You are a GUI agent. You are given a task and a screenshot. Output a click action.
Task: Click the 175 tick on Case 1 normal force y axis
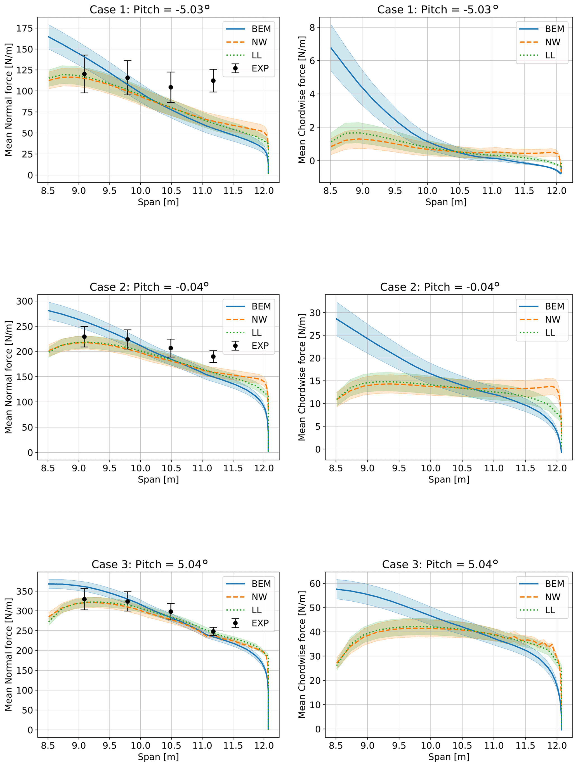[24, 28]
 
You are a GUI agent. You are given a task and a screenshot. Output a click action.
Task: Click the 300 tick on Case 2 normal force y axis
[24, 301]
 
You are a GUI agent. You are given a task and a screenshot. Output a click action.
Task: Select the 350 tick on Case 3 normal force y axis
[24, 591]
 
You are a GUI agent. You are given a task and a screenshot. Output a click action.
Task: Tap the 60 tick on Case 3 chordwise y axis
[315, 584]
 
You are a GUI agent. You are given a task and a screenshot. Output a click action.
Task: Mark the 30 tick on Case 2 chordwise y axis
[315, 312]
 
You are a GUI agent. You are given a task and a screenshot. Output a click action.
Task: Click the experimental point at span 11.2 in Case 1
[213, 80]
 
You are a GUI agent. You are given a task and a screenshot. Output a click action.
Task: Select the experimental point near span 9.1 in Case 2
[84, 337]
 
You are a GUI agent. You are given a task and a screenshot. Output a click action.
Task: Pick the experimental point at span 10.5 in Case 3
[171, 612]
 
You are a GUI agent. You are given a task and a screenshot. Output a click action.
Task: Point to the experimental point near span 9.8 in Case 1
[128, 78]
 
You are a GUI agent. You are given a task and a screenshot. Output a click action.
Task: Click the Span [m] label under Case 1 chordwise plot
[446, 202]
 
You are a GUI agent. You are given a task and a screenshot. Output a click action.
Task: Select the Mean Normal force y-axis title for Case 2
[9, 377]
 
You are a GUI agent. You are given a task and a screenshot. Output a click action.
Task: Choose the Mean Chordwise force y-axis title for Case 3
[302, 655]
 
